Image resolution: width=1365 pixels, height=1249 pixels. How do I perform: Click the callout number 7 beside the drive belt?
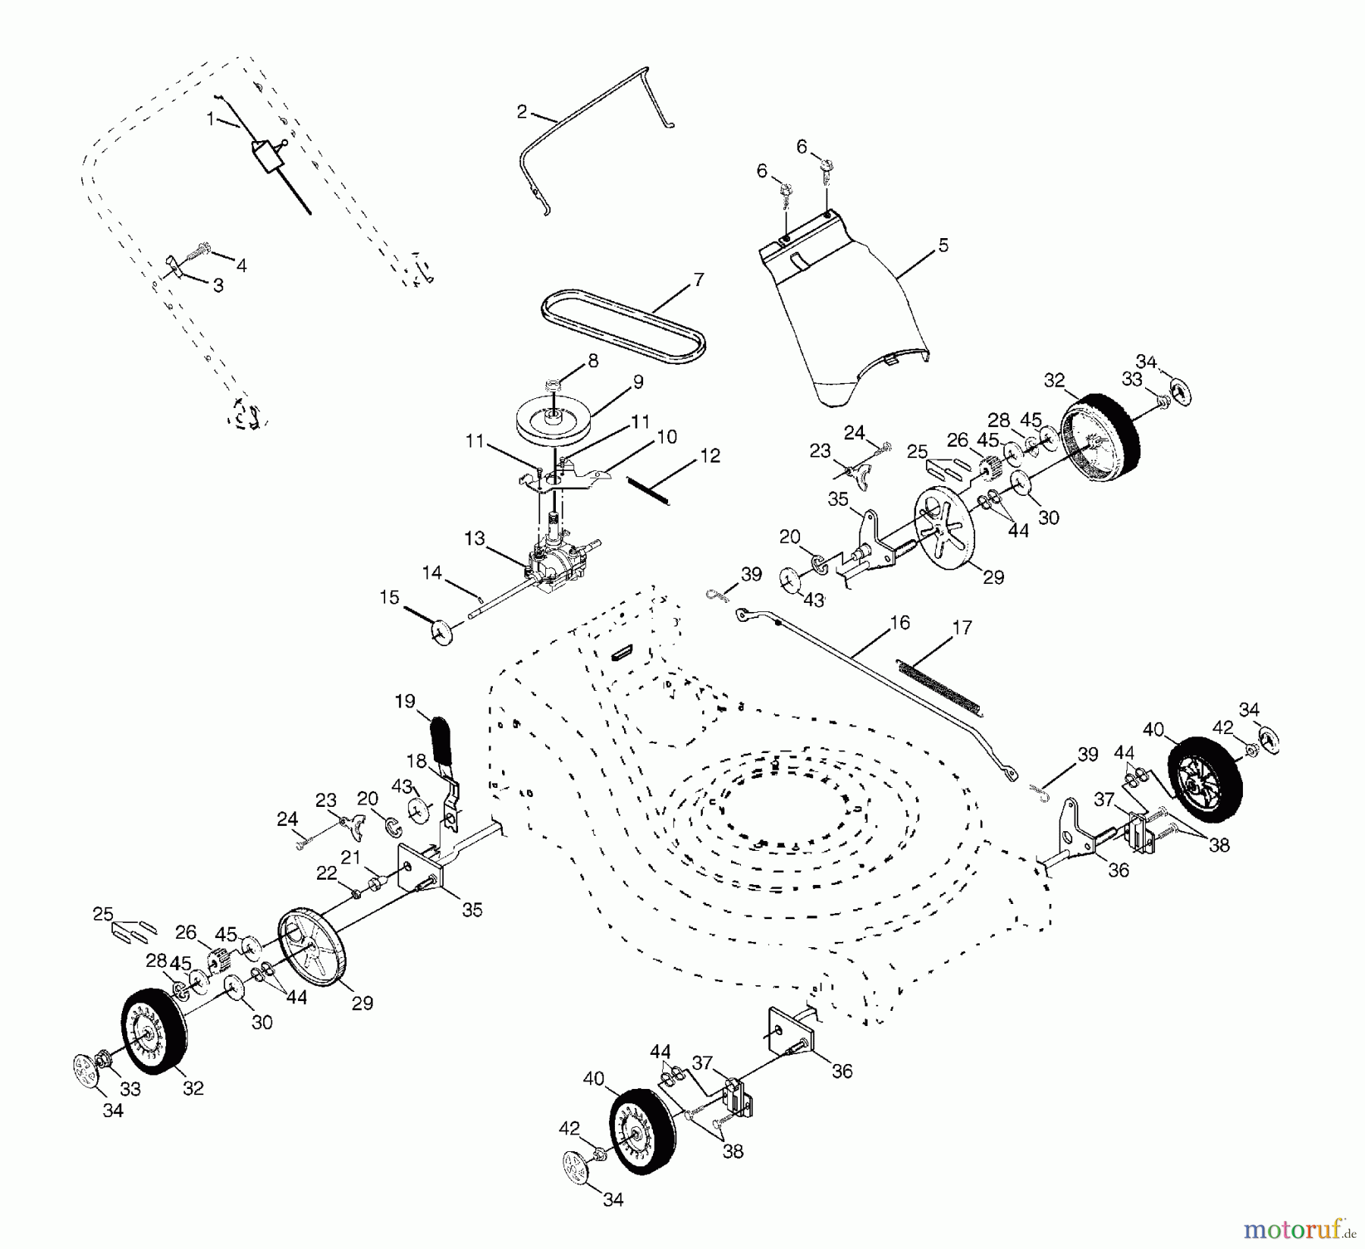pyautogui.click(x=698, y=279)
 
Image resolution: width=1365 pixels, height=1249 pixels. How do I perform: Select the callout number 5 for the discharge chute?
pyautogui.click(x=943, y=246)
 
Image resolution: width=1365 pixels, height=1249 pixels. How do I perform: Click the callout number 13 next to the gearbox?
pyautogui.click(x=474, y=538)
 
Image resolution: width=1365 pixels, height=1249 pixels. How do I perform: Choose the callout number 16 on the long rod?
pyautogui.click(x=899, y=623)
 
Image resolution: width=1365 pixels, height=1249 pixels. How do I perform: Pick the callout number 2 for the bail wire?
pyautogui.click(x=521, y=111)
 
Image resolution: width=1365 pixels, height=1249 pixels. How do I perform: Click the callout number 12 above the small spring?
pyautogui.click(x=711, y=456)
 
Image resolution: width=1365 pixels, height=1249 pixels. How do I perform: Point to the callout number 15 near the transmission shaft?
pyautogui.click(x=389, y=598)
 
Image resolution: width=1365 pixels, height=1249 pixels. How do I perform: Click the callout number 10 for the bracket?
pyautogui.click(x=667, y=437)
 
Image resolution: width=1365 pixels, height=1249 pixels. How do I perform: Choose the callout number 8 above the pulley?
pyautogui.click(x=592, y=360)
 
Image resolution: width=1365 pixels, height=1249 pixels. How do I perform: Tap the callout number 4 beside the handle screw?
pyautogui.click(x=241, y=265)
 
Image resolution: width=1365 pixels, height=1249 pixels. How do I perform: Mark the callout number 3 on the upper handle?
pyautogui.click(x=218, y=286)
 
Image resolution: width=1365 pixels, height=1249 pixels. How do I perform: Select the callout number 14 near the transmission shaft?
pyautogui.click(x=431, y=573)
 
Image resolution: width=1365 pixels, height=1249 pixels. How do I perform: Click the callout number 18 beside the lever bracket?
pyautogui.click(x=416, y=761)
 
